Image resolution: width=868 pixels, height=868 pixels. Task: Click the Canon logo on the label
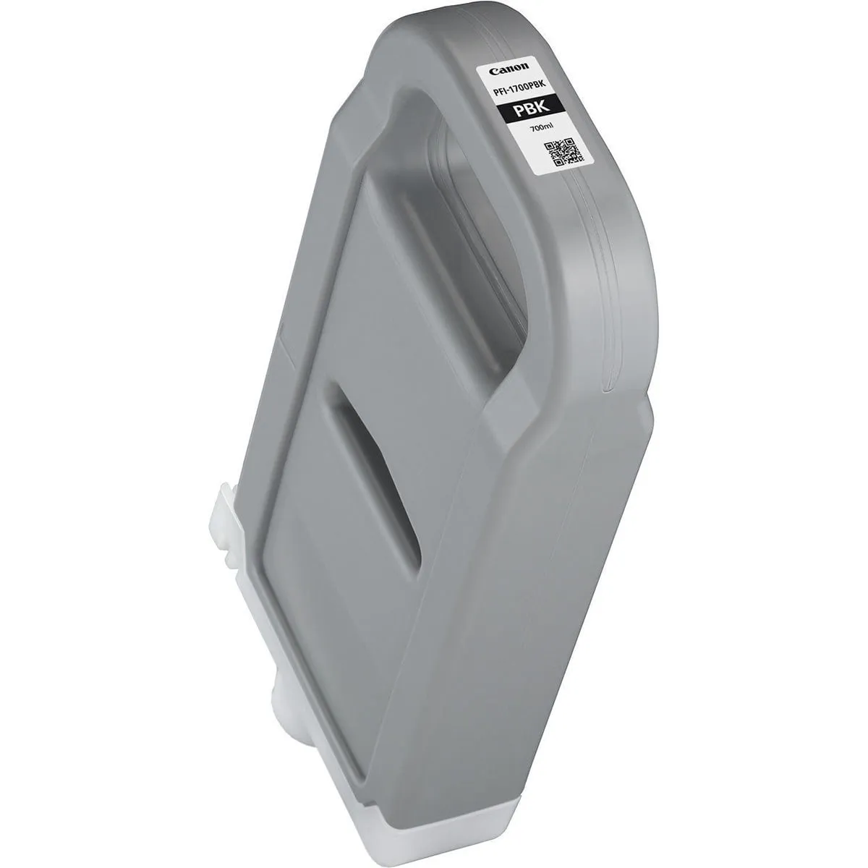pos(503,71)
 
